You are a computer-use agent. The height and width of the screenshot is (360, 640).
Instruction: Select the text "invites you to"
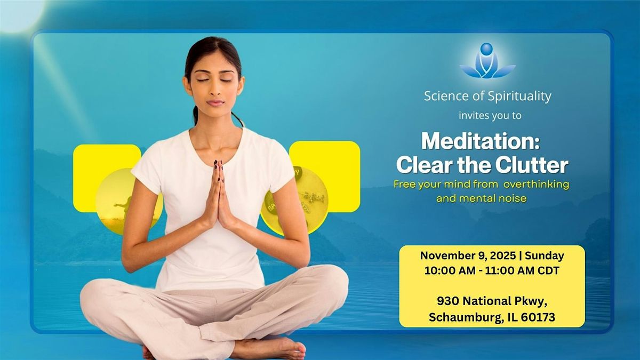tap(490, 115)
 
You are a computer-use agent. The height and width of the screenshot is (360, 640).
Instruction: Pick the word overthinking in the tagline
tap(537, 185)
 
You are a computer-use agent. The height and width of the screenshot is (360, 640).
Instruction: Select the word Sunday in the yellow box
tap(545, 255)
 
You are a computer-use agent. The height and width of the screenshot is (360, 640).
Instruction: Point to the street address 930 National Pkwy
tap(491, 301)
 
